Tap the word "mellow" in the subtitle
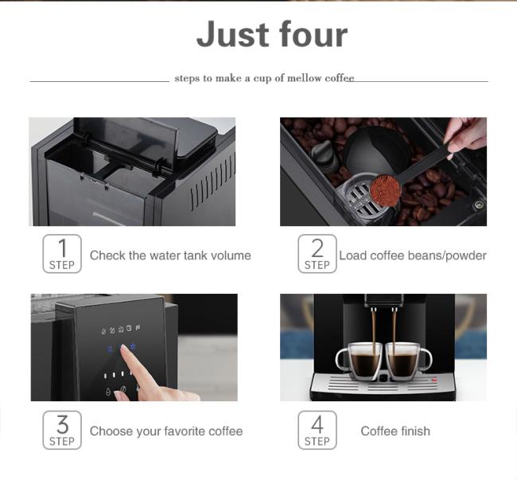[300, 78]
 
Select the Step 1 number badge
[62, 254]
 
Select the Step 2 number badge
[317, 254]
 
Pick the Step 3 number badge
[62, 430]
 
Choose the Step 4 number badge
[317, 430]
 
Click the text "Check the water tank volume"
[170, 256]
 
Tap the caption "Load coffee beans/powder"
[412, 256]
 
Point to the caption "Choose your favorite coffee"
[166, 431]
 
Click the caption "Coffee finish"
[395, 431]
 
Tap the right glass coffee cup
[406, 360]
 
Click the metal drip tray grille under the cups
[382, 384]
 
